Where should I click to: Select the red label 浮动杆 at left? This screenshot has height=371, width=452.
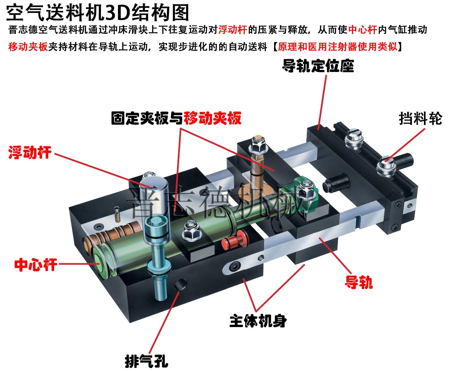(30, 152)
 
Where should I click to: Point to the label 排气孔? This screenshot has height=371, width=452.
(146, 361)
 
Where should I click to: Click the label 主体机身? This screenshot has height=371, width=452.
(258, 321)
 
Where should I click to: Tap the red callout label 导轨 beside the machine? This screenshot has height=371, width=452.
(359, 282)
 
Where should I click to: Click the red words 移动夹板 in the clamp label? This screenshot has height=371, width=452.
(213, 118)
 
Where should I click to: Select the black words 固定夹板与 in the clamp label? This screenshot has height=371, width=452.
(147, 118)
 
